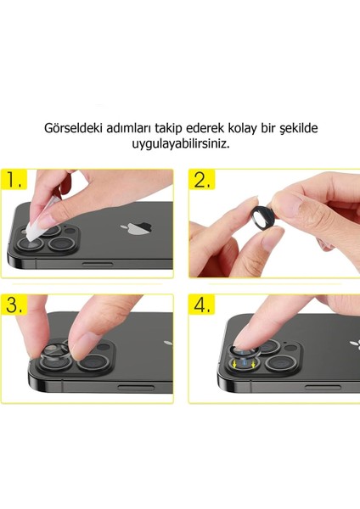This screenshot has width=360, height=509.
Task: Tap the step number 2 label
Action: coord(203,181)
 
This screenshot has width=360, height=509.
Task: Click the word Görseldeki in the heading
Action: coord(76,128)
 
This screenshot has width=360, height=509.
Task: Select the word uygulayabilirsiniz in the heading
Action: coord(180,144)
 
